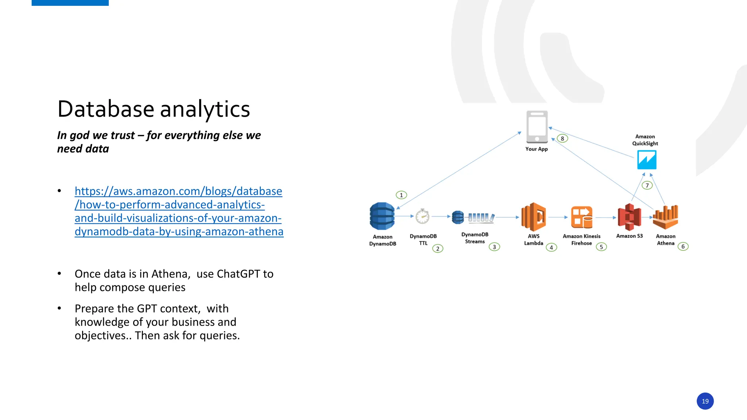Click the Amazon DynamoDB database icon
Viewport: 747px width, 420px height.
pyautogui.click(x=382, y=216)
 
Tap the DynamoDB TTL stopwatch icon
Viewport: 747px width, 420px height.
pyautogui.click(x=422, y=217)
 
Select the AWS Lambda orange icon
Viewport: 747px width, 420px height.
pyautogui.click(x=533, y=217)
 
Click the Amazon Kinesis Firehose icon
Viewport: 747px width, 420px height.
pyautogui.click(x=581, y=217)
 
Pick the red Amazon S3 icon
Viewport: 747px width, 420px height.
pyautogui.click(x=629, y=217)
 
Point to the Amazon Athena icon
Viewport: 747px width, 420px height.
pyautogui.click(x=665, y=217)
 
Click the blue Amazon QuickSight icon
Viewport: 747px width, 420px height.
pyautogui.click(x=646, y=160)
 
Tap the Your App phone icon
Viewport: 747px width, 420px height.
pyautogui.click(x=537, y=127)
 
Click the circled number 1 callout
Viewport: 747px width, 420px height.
pyautogui.click(x=401, y=195)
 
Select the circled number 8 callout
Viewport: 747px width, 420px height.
pyautogui.click(x=562, y=139)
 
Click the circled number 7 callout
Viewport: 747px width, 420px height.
pyautogui.click(x=647, y=186)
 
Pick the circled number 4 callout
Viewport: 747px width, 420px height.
pyautogui.click(x=551, y=248)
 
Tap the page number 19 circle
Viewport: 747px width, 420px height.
pyautogui.click(x=705, y=401)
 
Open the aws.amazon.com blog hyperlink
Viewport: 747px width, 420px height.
pyautogui.click(x=178, y=211)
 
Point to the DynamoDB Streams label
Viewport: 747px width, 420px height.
pyautogui.click(x=475, y=238)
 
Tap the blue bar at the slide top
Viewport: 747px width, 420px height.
pyautogui.click(x=70, y=3)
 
